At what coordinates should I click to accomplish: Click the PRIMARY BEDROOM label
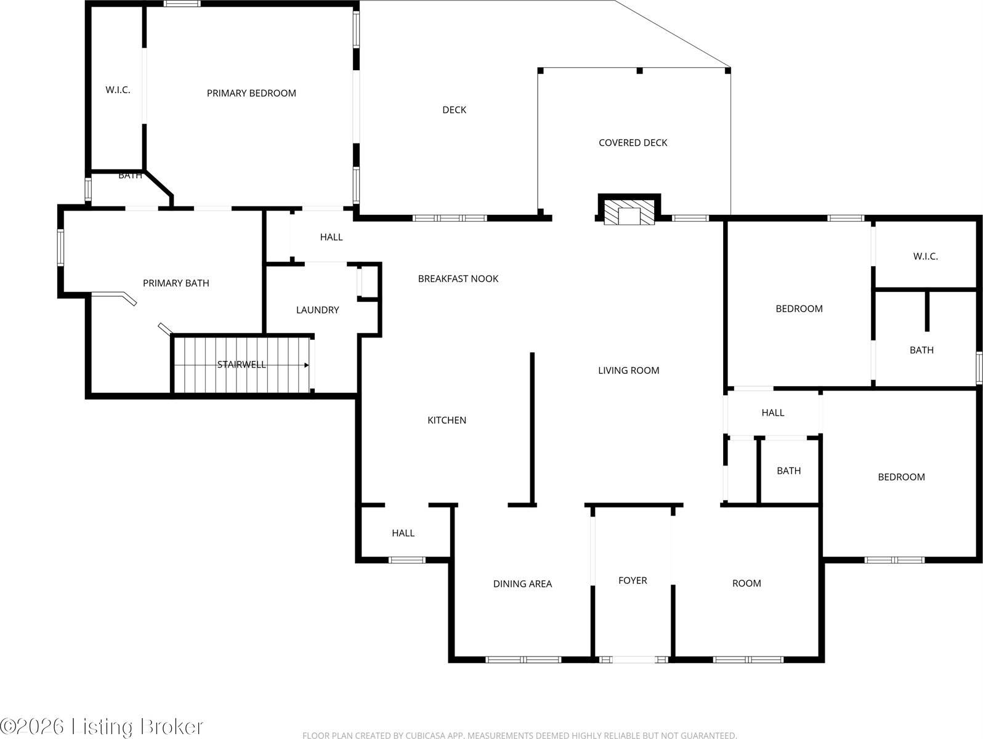tap(251, 93)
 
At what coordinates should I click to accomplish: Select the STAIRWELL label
tap(241, 365)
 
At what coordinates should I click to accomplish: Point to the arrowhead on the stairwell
tap(307, 365)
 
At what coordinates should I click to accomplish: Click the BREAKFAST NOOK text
tap(458, 278)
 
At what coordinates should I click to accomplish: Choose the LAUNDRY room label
tap(318, 310)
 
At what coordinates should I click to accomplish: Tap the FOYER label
tap(633, 580)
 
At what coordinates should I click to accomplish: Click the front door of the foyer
tap(634, 660)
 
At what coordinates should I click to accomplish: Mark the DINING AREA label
tap(522, 584)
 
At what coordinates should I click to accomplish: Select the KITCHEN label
tap(447, 420)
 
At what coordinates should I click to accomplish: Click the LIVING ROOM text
tap(629, 370)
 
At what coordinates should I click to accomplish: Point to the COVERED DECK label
tap(633, 142)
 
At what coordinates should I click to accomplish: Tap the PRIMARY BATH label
tap(176, 283)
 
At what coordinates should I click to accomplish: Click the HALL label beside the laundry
tap(331, 236)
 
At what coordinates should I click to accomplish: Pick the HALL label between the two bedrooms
tap(773, 412)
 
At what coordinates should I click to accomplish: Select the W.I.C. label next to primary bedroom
tap(118, 89)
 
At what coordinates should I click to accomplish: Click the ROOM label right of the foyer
tap(746, 583)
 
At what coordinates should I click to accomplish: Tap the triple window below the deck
tap(450, 219)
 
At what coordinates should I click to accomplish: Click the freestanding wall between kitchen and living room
tap(532, 429)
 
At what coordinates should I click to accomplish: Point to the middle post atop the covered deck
tap(639, 71)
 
